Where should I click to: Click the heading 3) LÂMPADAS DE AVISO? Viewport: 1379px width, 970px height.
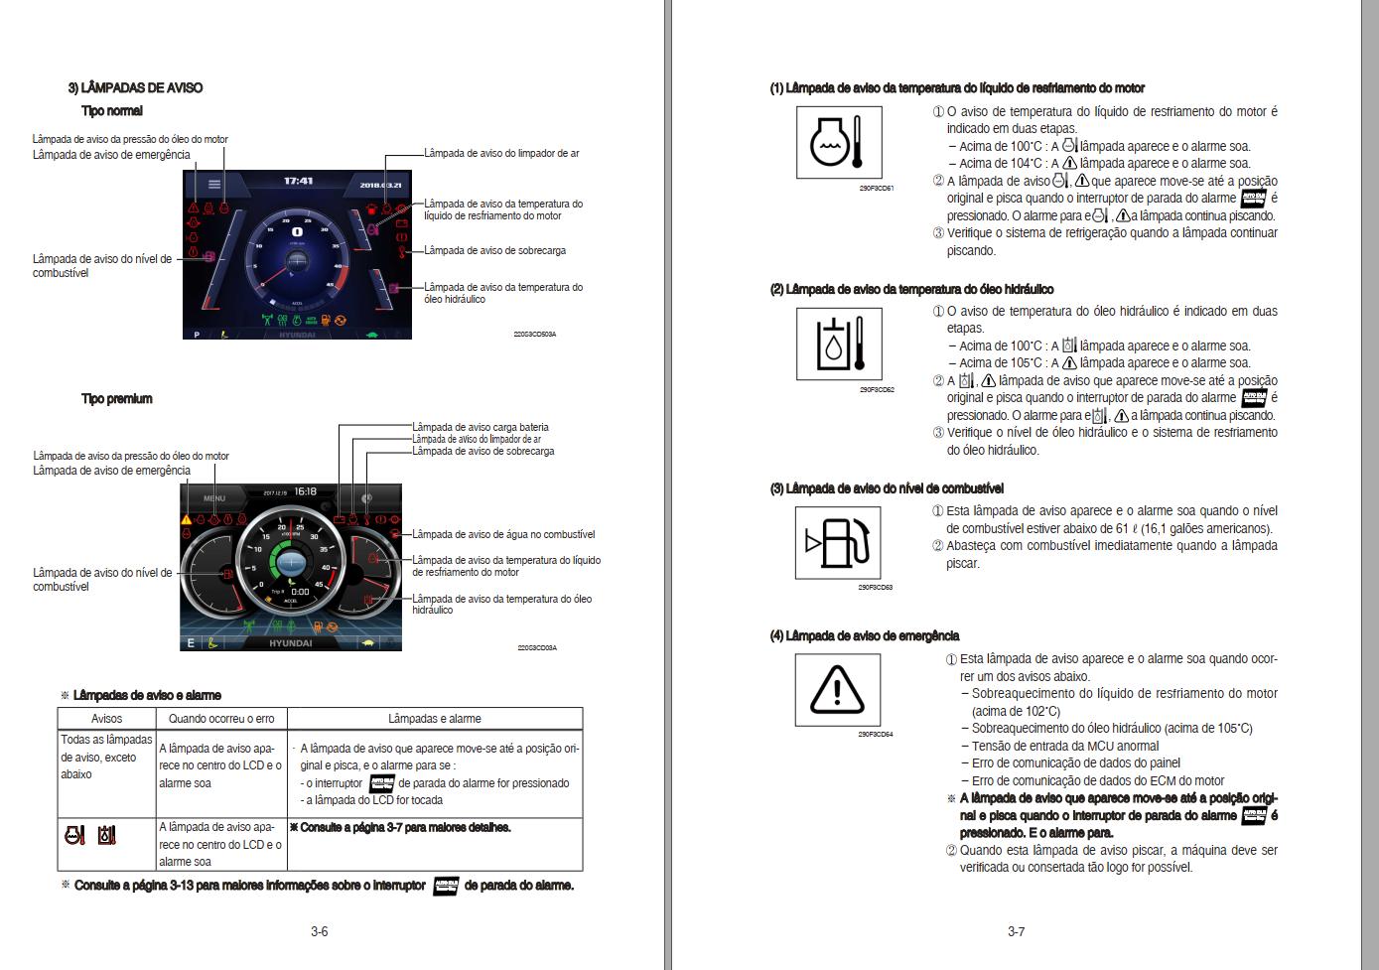coord(135,88)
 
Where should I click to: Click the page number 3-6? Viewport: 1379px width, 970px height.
coord(319,931)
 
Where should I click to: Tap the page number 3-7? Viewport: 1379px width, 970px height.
coord(1016,931)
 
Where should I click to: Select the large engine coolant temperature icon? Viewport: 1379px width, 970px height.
coord(838,143)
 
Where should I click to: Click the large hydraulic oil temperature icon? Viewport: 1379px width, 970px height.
coord(838,344)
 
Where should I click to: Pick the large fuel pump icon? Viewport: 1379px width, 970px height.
coord(838,543)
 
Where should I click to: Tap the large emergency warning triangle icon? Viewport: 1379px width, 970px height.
coord(837,690)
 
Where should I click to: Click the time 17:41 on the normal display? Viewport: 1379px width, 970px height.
coord(298,182)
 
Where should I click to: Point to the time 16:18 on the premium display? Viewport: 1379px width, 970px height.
coord(305,491)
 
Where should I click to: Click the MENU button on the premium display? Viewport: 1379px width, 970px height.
coord(214,498)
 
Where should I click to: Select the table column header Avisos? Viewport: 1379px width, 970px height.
coord(106,719)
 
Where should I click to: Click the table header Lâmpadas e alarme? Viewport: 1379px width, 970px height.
coord(434,719)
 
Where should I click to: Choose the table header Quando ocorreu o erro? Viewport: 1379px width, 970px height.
coord(221,719)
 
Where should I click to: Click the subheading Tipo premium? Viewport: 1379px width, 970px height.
coord(116,399)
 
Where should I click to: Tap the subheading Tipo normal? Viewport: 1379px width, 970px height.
coord(111,111)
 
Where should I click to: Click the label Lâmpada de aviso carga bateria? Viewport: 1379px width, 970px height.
coord(480,427)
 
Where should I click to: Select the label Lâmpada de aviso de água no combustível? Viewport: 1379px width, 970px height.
coord(503,534)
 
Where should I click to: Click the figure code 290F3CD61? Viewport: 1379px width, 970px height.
coord(877,189)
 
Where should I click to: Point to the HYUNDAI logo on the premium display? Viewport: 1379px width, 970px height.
coord(290,643)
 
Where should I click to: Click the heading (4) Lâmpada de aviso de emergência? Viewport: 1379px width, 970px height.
coord(864,636)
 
